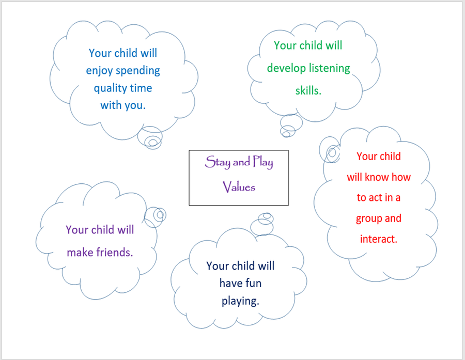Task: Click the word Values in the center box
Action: pyautogui.click(x=239, y=187)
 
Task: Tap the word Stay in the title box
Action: pyautogui.click(x=218, y=162)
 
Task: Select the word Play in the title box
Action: pyautogui.click(x=263, y=162)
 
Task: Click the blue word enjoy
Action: pyautogui.click(x=99, y=71)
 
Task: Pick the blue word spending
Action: pyautogui.click(x=137, y=71)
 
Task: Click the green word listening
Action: pyautogui.click(x=330, y=69)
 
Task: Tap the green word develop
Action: pyautogui.click(x=286, y=69)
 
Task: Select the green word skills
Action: pyautogui.click(x=308, y=90)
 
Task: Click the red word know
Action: pyautogui.click(x=377, y=177)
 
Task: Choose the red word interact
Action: pyautogui.click(x=378, y=239)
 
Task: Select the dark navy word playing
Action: pyautogui.click(x=240, y=301)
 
